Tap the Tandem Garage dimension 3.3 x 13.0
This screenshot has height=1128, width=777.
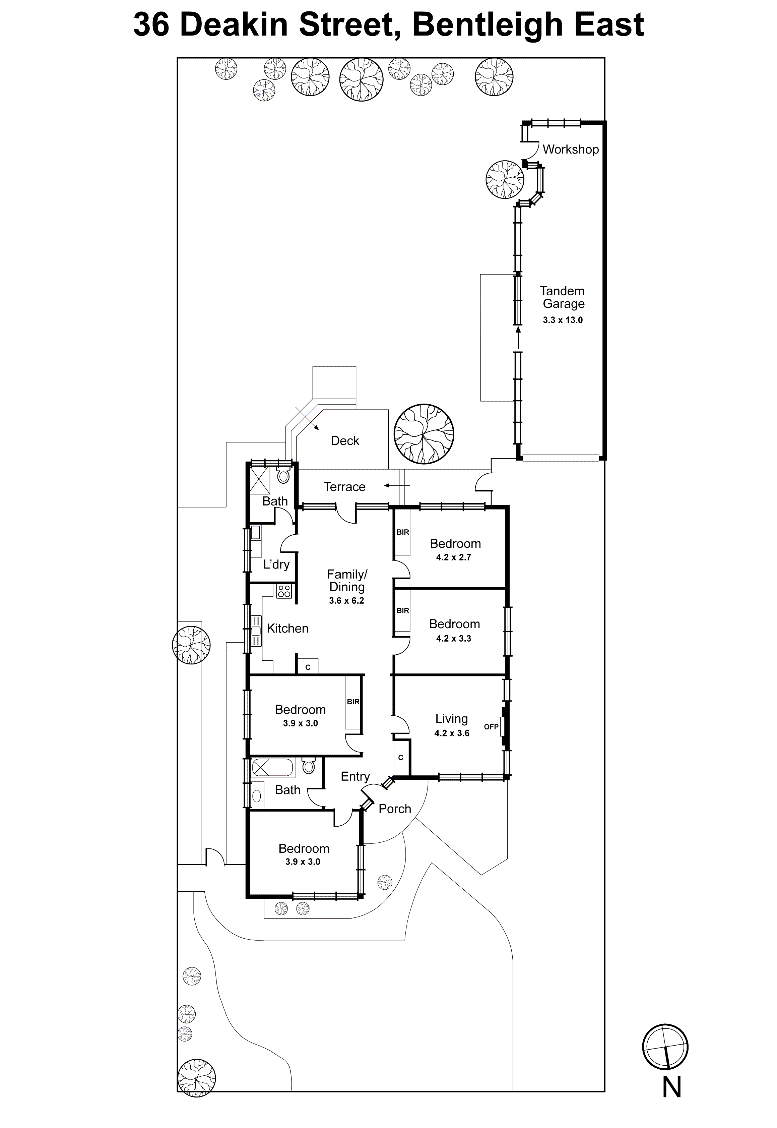coord(563,320)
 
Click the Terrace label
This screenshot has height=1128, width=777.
coord(344,486)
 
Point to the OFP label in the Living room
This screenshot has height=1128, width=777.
coord(491,727)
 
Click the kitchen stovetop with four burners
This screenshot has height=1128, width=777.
coord(284,591)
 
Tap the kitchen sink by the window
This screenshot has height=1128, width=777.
coord(256,631)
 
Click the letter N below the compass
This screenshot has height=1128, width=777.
coord(672,1087)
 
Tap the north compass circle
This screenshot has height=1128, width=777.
coord(665,1047)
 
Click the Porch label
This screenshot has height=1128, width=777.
coord(395,809)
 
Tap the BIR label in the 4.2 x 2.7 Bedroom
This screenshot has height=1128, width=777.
coord(403,532)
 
